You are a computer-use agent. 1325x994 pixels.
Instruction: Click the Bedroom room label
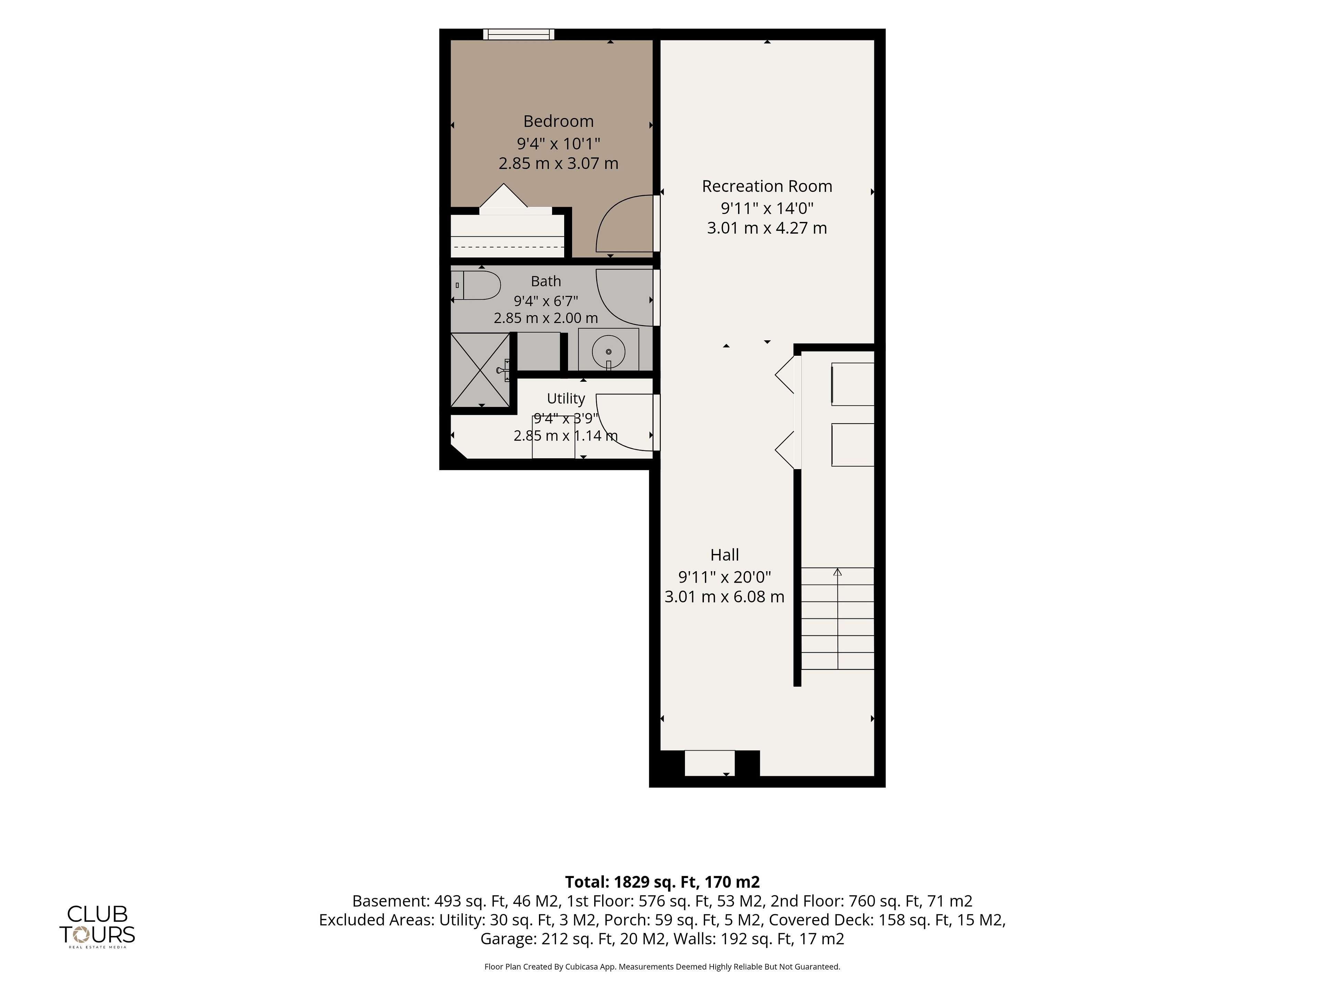(x=558, y=121)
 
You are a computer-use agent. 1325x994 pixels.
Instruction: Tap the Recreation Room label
(x=767, y=186)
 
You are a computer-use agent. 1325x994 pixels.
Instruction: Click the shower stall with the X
(x=480, y=370)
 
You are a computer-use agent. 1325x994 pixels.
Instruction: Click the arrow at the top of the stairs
(x=837, y=572)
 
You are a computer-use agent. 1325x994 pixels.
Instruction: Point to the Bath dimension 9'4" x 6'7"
(x=546, y=300)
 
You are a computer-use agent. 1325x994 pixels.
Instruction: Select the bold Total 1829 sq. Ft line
(x=662, y=882)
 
